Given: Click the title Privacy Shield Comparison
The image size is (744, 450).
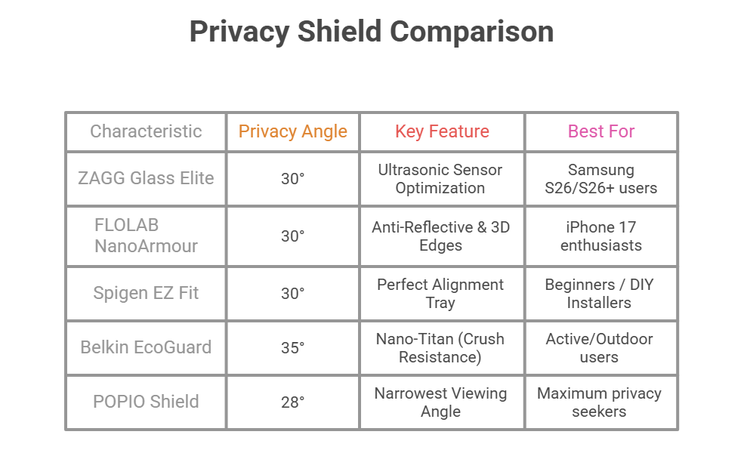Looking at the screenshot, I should (x=371, y=32).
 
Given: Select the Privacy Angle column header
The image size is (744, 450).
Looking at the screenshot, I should (x=292, y=131).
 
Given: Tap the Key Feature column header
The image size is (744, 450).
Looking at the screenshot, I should (x=442, y=131).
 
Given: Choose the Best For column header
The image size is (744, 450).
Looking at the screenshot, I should (x=601, y=131).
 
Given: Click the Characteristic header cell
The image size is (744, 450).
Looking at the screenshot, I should (x=146, y=131).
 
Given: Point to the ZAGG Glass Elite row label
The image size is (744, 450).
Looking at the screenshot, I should (x=146, y=178).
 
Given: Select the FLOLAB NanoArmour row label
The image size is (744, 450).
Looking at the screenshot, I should (x=146, y=236).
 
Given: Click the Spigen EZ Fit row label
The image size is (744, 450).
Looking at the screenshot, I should (x=146, y=293).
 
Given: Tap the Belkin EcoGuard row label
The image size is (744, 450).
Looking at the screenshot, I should (x=146, y=347).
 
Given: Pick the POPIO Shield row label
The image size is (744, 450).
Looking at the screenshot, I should (x=146, y=402).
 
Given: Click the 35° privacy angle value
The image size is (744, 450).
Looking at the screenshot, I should (x=292, y=347).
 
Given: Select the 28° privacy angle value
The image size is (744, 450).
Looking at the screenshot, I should (x=292, y=402).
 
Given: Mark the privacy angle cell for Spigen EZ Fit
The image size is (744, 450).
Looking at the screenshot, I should (x=292, y=293).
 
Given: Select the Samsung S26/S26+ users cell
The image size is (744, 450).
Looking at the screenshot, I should (x=601, y=178).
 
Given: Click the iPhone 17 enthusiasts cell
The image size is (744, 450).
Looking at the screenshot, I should (x=601, y=236).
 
